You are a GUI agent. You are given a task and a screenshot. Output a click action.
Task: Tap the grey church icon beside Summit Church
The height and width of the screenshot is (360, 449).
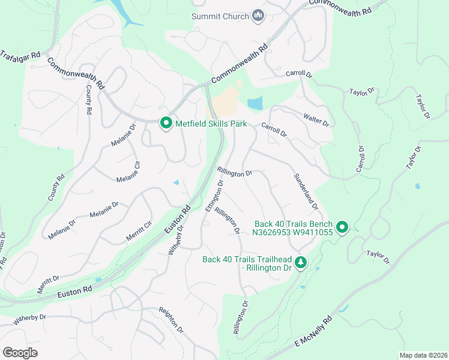pos(259,16)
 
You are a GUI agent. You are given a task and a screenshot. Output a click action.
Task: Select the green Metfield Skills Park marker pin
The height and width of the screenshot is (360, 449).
pos(166,124)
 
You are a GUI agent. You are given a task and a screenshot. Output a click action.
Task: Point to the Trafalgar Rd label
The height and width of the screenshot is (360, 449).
pos(19,55)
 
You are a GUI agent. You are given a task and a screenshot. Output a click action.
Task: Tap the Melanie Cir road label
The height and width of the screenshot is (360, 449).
pos(128,171)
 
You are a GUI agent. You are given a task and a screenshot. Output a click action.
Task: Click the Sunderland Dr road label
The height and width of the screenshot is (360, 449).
pos(306,191)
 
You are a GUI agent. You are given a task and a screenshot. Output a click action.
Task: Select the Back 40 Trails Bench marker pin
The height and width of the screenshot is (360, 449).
pos(342,227)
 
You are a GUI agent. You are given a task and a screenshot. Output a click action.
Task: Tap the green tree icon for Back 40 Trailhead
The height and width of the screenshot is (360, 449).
pos(301,262)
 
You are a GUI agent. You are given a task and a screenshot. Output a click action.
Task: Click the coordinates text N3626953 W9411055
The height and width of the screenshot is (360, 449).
pos(293,233)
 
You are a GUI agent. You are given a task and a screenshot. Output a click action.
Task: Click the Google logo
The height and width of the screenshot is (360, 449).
pos(20,352)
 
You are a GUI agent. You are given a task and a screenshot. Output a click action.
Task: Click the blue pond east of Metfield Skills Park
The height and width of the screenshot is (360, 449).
pos(255,103)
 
